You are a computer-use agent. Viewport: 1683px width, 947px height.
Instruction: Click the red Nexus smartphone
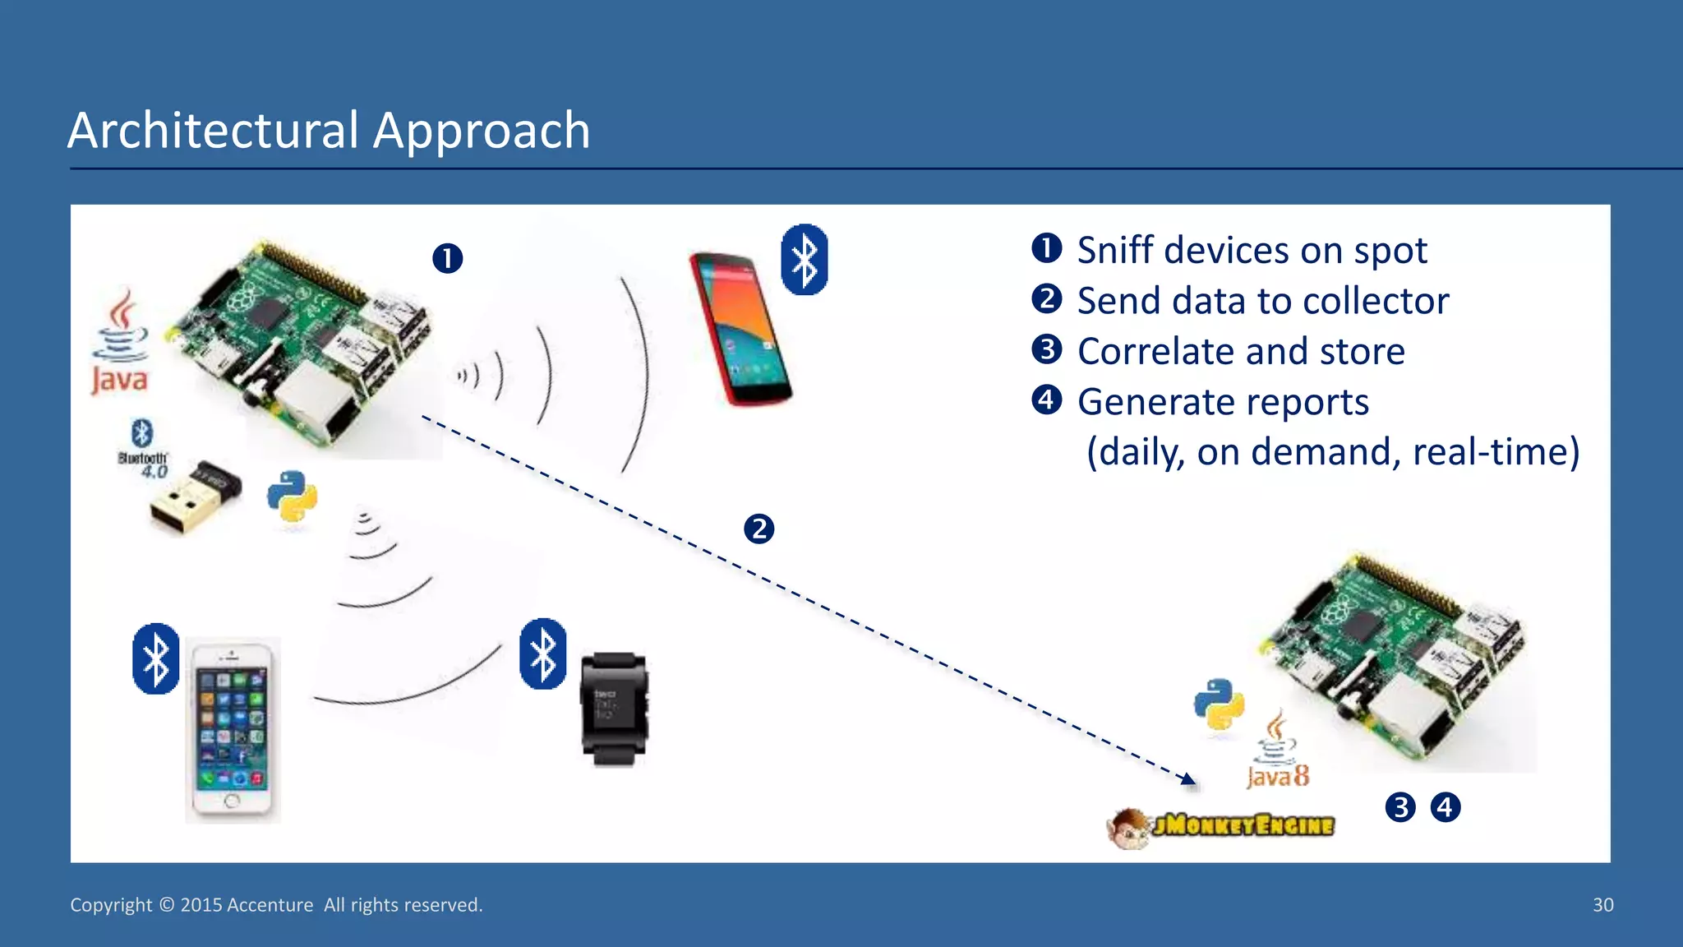coord(740,329)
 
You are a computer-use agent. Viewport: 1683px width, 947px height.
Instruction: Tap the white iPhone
coord(233,728)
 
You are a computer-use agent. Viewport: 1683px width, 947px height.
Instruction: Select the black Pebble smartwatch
coord(613,709)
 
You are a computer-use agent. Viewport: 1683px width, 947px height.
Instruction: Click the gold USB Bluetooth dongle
coord(196,497)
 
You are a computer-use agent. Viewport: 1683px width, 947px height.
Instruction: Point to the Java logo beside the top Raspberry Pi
coord(120,341)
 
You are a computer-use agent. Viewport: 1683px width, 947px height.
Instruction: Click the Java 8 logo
coord(1277,752)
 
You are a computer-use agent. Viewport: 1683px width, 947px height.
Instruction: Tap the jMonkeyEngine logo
coord(1222,825)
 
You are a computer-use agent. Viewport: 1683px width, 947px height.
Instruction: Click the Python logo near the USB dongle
coord(292,496)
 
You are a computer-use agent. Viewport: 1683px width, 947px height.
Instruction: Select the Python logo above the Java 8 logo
coord(1220,704)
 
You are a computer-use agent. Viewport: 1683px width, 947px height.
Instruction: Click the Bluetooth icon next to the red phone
coord(804,259)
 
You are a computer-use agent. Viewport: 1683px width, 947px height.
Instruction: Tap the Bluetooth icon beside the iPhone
coord(155,658)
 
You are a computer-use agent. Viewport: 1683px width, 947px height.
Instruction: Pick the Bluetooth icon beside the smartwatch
coord(542,654)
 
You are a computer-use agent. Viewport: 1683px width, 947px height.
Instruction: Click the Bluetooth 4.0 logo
coord(143,449)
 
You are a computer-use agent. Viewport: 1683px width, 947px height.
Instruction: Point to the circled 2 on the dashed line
coord(759,529)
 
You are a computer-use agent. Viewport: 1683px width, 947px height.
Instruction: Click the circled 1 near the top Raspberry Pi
coord(447,258)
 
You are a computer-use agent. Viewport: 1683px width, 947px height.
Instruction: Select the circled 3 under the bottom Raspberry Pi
coord(1400,807)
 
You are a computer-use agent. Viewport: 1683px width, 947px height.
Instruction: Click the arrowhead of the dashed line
coord(1189,778)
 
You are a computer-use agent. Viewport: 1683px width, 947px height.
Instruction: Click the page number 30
coord(1602,905)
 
